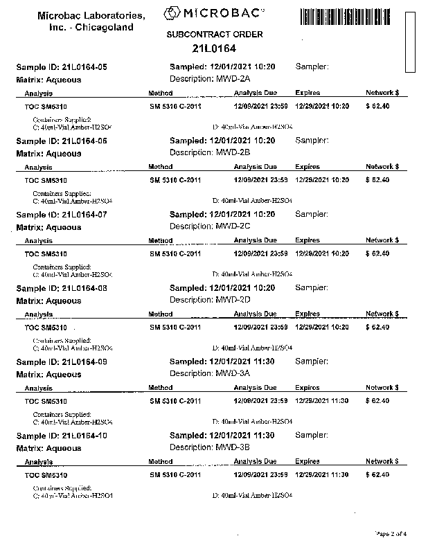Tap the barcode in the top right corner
[x=352, y=15]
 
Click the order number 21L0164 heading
[x=214, y=48]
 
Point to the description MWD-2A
[x=232, y=79]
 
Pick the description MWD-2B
[x=232, y=152]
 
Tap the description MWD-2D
[x=232, y=300]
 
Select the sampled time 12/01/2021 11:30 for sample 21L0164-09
[x=242, y=361]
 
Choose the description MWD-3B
[x=232, y=447]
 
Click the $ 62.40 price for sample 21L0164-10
[x=377, y=475]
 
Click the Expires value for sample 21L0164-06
[x=322, y=180]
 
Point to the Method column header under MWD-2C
[x=161, y=240]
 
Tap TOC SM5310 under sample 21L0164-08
[x=46, y=327]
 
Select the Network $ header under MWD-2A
[x=382, y=93]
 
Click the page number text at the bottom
[x=391, y=533]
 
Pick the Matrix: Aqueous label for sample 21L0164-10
[x=48, y=448]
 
